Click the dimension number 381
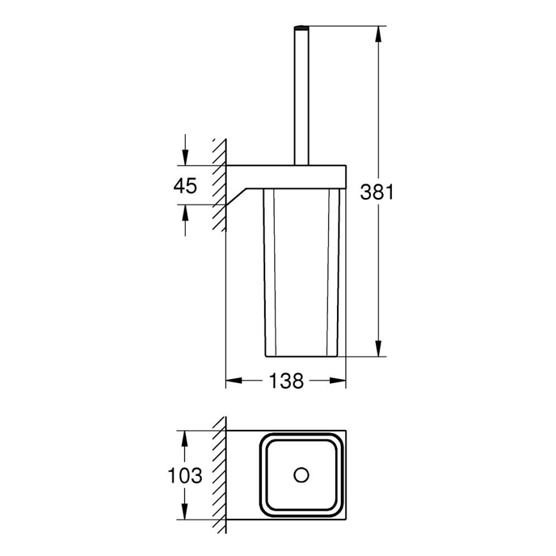coord(377,192)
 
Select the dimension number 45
coord(185,186)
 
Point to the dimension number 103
coord(185,476)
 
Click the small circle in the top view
coord(300,475)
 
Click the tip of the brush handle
coord(302,28)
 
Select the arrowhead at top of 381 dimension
coord(380,32)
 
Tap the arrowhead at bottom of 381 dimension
coord(380,349)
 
